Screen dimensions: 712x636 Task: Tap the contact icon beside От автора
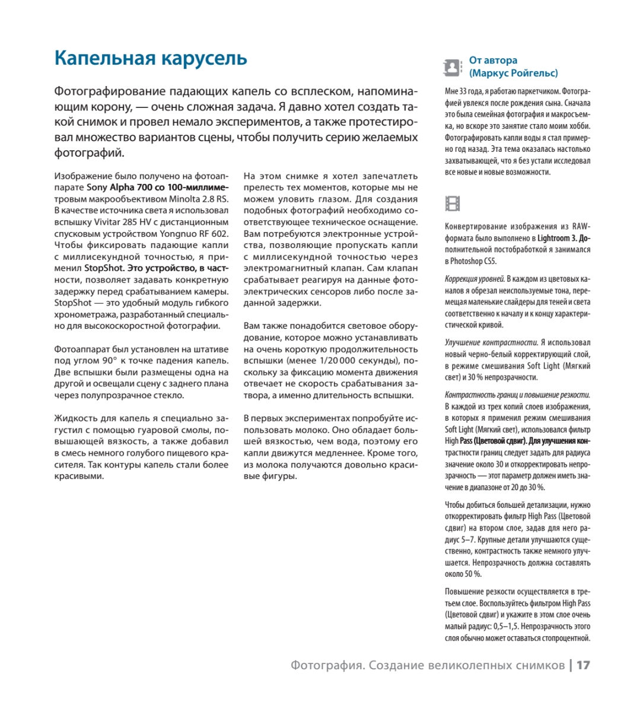tap(452, 68)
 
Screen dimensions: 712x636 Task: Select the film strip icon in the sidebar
tap(452, 204)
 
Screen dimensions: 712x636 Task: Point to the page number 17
tap(583, 665)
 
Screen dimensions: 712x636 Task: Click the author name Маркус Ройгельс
tap(513, 73)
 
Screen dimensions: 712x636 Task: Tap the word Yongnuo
tap(182, 234)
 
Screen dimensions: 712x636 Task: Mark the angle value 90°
tap(109, 361)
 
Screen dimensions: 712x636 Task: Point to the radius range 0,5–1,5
tap(506, 627)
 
